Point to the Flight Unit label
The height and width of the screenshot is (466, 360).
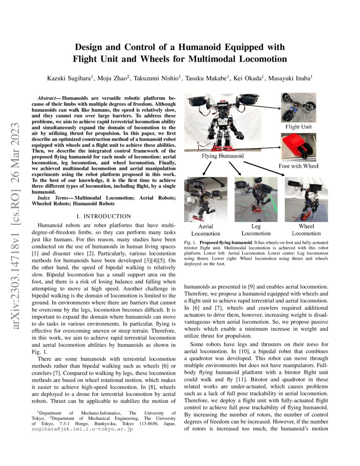pyautogui.click(x=298, y=126)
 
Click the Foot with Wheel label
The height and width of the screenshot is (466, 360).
pyautogui.click(x=298, y=166)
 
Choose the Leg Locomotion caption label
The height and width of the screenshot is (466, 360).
pyautogui.click(x=256, y=230)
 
